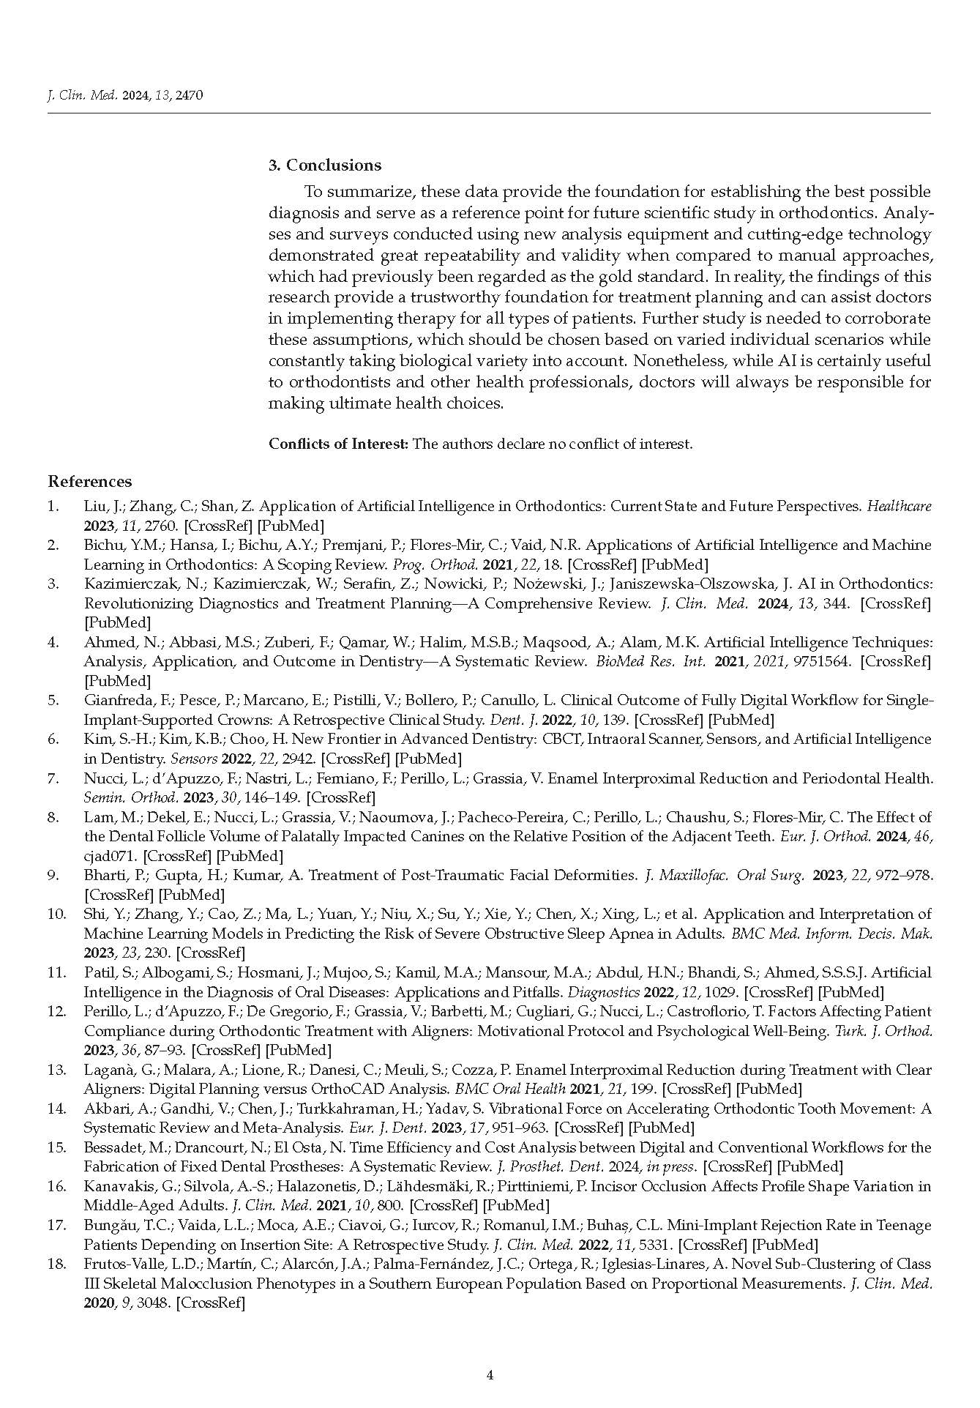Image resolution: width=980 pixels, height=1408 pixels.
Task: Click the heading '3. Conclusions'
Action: [x=325, y=165]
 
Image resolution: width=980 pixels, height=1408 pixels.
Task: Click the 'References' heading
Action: [x=90, y=482]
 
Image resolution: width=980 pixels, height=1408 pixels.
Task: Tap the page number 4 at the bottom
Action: [x=490, y=1375]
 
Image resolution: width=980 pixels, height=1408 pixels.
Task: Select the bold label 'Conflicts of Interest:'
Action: [x=338, y=444]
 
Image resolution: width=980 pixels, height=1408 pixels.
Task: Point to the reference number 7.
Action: [x=53, y=778]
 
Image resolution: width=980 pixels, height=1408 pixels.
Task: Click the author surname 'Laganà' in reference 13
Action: [x=106, y=1070]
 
